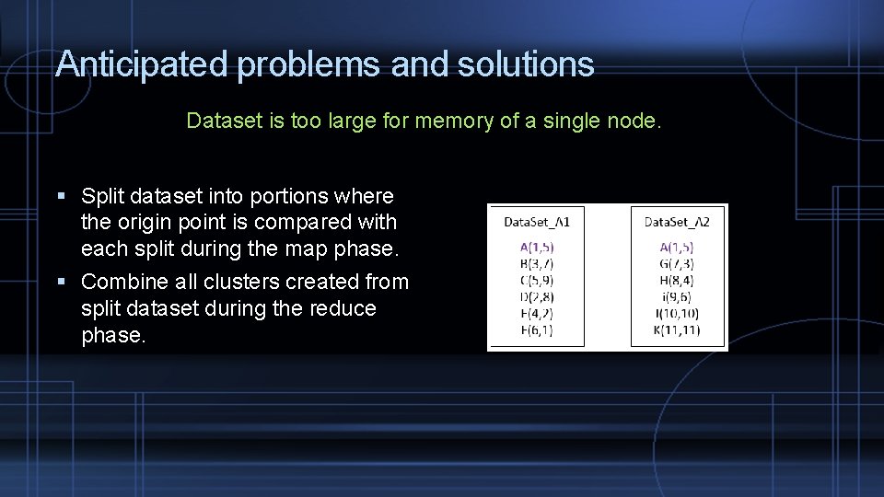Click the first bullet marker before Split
(x=61, y=196)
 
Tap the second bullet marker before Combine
(x=61, y=282)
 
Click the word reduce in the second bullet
(x=343, y=308)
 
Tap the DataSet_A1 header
(x=537, y=222)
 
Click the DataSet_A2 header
(x=677, y=222)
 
